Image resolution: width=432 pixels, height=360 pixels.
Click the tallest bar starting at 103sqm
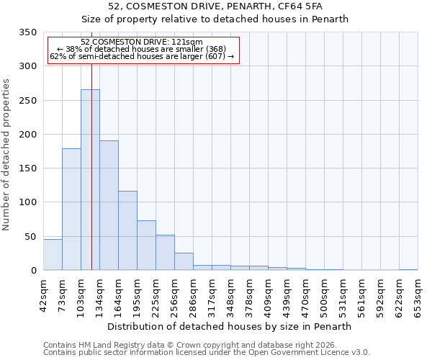90,180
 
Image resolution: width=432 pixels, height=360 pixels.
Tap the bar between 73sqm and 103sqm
71,210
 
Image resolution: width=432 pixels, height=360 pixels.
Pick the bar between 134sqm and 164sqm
109,205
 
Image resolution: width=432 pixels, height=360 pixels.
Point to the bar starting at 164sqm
127,230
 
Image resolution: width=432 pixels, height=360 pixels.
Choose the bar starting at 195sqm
146,246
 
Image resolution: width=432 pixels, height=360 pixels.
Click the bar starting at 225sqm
165,253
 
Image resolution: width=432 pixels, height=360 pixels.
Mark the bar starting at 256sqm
184,261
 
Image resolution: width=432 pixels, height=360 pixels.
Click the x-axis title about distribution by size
230,326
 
